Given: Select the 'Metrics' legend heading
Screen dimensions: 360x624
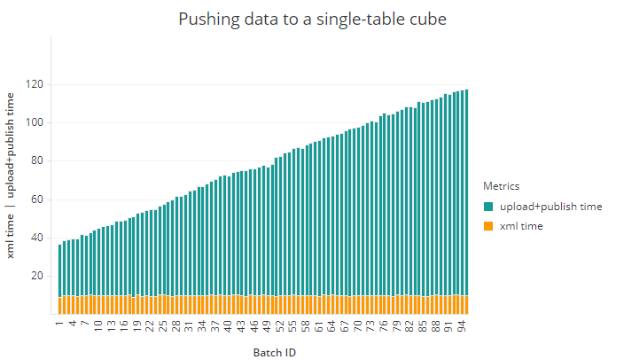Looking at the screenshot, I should point(501,186).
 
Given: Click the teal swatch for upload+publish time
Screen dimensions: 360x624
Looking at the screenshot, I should point(488,207).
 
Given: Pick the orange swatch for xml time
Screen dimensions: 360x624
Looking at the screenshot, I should point(488,226).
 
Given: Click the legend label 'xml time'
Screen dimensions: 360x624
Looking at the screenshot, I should point(521,226).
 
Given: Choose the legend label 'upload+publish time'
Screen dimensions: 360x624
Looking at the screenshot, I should point(550,207).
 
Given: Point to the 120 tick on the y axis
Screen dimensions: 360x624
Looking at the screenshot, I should point(36,84).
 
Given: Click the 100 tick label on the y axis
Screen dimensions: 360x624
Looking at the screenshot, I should point(36,122).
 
